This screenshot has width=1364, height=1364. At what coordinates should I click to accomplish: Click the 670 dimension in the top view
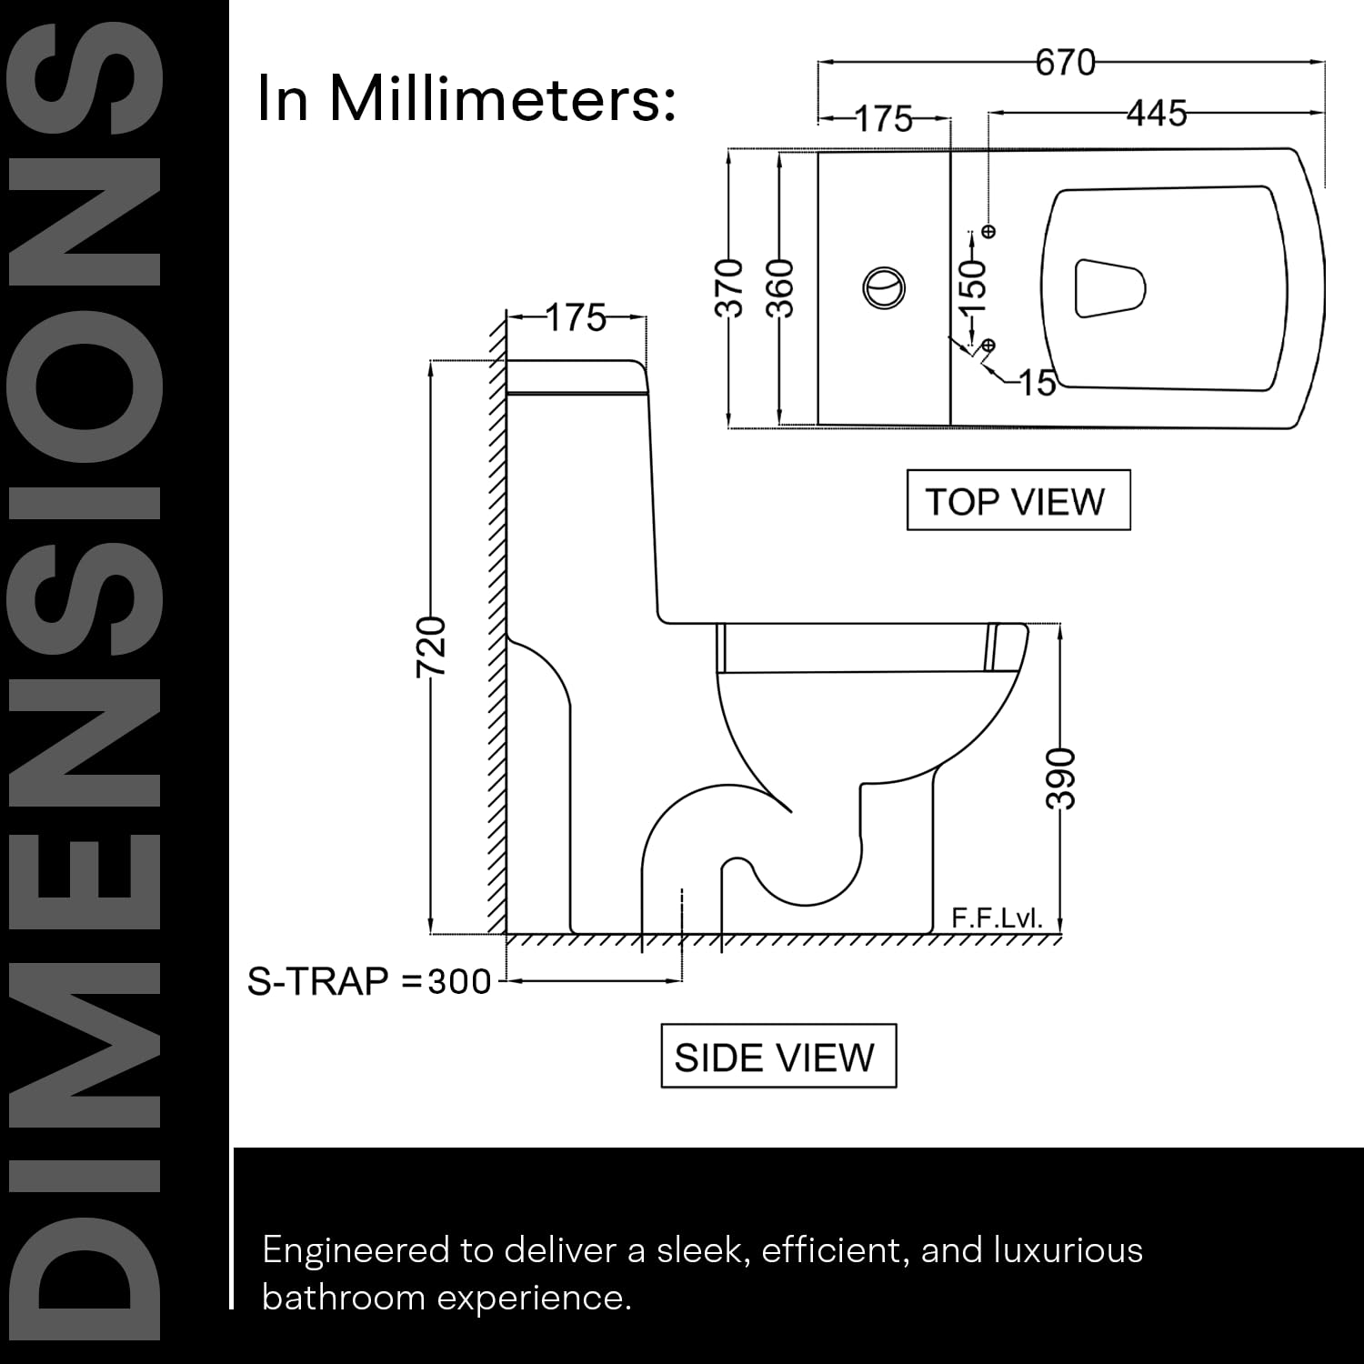click(x=1065, y=63)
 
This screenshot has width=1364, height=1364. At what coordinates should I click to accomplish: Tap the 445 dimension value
click(x=1158, y=114)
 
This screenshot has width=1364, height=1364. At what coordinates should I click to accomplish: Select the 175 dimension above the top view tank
click(x=884, y=119)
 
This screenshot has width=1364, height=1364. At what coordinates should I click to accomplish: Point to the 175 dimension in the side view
click(x=577, y=318)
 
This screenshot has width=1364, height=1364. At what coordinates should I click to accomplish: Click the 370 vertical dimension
click(x=730, y=288)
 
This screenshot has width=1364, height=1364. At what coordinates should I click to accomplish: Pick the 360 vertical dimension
click(x=780, y=288)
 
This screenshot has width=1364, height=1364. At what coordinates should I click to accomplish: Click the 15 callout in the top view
click(x=1037, y=383)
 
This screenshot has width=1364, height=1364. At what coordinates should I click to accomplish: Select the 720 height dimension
click(x=432, y=647)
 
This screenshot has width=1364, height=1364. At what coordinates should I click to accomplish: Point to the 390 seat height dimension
click(x=1060, y=779)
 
